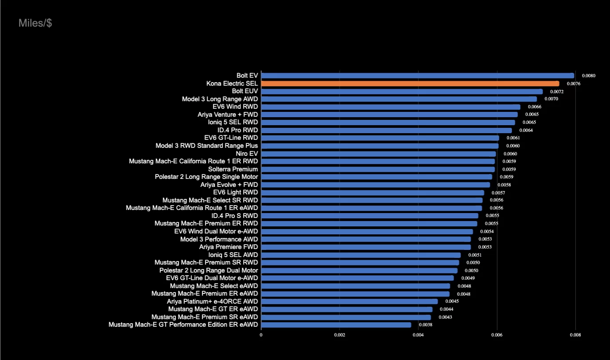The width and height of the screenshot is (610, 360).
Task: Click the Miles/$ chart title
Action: [x=35, y=23]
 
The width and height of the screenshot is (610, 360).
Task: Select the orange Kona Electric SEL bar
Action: [x=410, y=83]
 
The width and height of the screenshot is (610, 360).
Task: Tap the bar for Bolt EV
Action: [x=417, y=76]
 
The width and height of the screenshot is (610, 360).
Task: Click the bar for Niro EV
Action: [x=378, y=154]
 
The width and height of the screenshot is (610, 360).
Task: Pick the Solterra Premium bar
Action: [x=378, y=169]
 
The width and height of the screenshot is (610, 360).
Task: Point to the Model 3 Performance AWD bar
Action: [x=366, y=239]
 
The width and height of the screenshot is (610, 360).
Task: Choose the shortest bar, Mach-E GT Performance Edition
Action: [x=336, y=325]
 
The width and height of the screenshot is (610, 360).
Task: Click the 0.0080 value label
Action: [x=588, y=76]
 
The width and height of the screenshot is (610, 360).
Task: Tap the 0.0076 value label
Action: [x=573, y=83]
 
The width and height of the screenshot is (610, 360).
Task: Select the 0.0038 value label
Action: [x=425, y=325]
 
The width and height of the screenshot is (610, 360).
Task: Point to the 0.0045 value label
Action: [x=452, y=301]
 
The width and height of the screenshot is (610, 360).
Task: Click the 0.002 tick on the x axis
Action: [x=339, y=335]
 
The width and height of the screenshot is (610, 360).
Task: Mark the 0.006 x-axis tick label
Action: [x=497, y=335]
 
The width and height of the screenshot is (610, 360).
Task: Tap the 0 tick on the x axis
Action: [x=261, y=335]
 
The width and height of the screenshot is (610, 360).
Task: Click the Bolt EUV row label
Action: [x=245, y=91]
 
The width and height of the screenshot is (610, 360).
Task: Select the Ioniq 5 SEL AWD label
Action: [x=233, y=255]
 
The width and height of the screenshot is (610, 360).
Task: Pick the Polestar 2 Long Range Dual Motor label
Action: [x=209, y=270]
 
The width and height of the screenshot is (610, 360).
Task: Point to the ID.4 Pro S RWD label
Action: [x=235, y=216]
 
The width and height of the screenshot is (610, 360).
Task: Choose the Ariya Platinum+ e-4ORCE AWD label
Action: [x=212, y=301]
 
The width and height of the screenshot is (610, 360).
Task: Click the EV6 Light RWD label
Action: [x=236, y=192]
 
